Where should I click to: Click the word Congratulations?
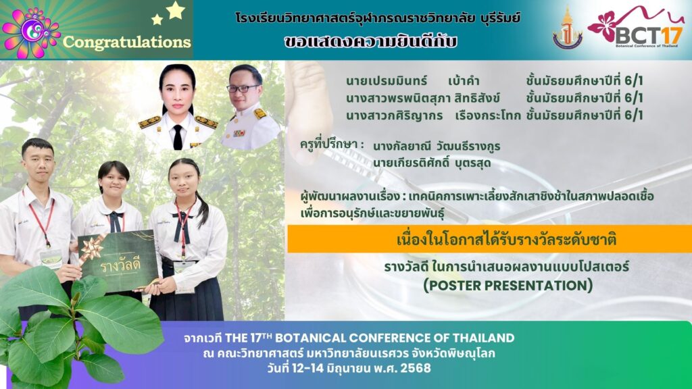tap(126, 42)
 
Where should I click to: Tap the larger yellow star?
tap(175, 11)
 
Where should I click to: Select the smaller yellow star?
tap(157, 19)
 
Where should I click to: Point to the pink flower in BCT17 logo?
tap(603, 26)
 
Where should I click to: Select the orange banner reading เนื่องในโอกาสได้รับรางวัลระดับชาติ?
tap(489, 238)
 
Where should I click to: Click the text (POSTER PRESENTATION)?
tap(508, 286)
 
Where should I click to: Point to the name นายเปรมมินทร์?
tap(387, 81)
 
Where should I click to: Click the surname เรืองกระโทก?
tap(488, 115)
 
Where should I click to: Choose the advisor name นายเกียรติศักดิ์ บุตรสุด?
tap(432, 163)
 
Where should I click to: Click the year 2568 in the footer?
tap(416, 368)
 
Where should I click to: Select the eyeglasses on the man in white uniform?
tap(243, 88)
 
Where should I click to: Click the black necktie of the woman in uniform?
tap(178, 137)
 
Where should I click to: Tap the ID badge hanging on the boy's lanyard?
tap(51, 259)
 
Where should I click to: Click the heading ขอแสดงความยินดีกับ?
tap(370, 41)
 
